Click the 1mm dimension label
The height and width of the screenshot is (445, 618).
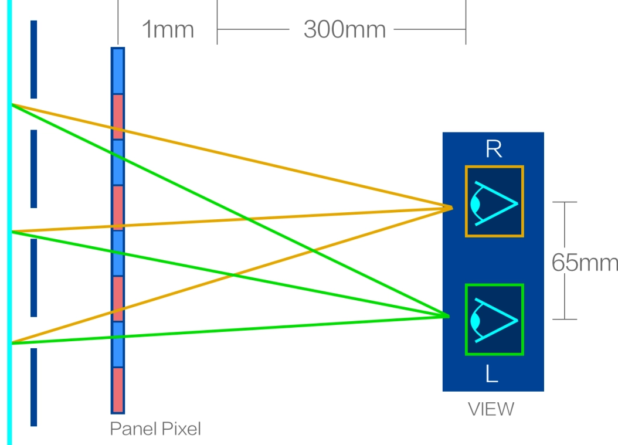coord(168,29)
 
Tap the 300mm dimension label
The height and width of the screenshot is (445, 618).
coord(345,29)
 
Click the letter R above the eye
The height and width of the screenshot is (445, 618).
coord(493,150)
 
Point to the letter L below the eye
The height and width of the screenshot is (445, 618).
coord(492,374)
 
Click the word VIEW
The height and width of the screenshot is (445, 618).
coord(491,409)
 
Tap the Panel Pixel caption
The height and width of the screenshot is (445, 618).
coord(155,429)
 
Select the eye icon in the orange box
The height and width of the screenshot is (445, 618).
coord(494,202)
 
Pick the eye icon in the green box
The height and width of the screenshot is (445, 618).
coord(494,320)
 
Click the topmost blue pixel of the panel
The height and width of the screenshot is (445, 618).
coord(118,71)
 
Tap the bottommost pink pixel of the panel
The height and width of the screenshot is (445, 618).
coord(118,390)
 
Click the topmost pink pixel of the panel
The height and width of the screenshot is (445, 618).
coord(118,117)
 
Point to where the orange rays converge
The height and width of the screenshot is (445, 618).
coord(451,206)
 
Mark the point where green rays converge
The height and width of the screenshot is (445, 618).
coord(448,317)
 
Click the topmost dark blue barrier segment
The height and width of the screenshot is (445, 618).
coord(33,59)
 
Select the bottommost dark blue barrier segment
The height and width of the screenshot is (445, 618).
coord(33,387)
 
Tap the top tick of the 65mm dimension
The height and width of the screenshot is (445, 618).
coord(565,202)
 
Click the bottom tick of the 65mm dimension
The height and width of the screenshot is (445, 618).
coord(565,320)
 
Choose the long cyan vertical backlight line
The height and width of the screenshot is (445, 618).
coord(9,223)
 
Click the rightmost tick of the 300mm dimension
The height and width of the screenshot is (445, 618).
coord(466,23)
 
